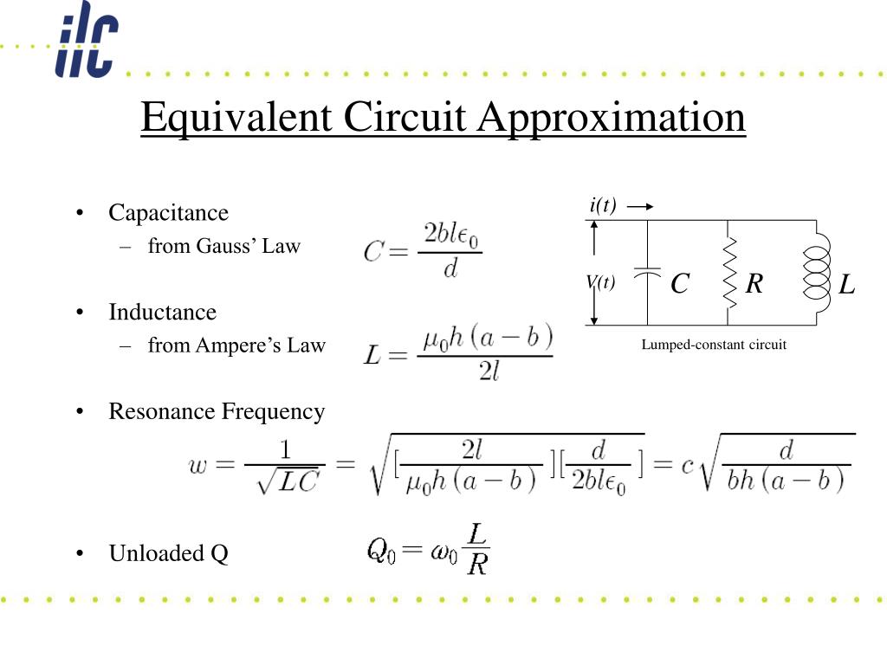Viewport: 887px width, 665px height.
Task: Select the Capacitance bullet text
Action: point(168,213)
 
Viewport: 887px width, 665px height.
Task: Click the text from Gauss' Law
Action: point(223,246)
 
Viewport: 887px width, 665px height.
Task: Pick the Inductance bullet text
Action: point(162,312)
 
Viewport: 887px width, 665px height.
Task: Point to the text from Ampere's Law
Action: point(236,345)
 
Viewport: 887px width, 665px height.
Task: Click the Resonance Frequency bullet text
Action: point(217,411)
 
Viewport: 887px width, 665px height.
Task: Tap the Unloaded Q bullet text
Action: point(168,553)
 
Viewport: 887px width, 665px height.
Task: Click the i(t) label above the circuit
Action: point(603,206)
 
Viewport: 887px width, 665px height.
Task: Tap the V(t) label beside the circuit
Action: point(600,282)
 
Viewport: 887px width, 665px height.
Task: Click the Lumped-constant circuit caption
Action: point(714,345)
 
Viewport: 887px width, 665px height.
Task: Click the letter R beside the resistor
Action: point(754,282)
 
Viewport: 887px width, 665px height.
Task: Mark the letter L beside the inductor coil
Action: point(846,283)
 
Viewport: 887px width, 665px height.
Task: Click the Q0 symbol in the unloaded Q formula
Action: point(381,549)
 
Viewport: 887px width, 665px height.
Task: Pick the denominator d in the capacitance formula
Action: point(450,269)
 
